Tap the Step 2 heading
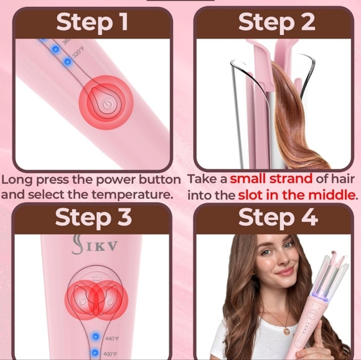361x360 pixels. (277, 22)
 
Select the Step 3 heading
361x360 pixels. (93, 218)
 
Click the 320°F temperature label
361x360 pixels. (78, 53)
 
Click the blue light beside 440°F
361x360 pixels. (95, 336)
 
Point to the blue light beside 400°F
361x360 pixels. (95, 353)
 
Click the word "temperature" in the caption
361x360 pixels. (134, 195)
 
